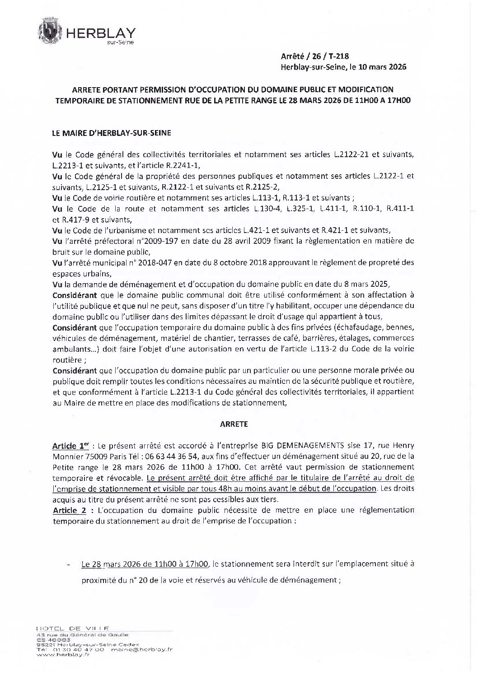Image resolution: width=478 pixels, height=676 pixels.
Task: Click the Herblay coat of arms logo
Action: [51, 32]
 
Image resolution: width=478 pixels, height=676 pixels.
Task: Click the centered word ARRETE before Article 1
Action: [234, 424]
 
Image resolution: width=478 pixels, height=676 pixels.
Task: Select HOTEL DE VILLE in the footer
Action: [72, 628]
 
